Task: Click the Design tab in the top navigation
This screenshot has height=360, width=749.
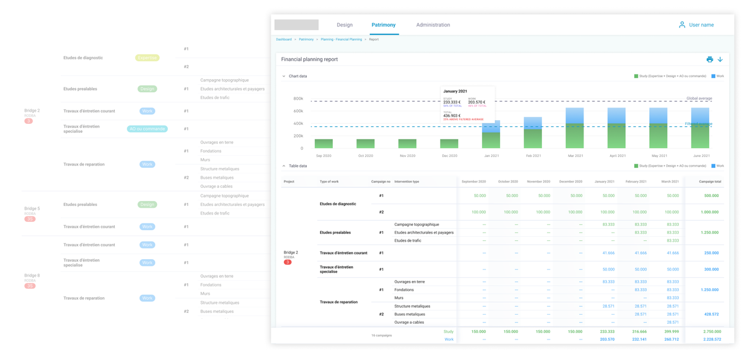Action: tap(344, 25)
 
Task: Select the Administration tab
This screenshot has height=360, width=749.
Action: tap(432, 25)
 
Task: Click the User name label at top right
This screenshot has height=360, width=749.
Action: tap(701, 25)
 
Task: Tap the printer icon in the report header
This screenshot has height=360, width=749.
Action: tap(709, 59)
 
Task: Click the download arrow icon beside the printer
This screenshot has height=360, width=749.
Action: tap(720, 59)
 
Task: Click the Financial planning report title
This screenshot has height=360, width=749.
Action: tap(309, 59)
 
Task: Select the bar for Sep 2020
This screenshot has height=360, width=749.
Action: tap(323, 144)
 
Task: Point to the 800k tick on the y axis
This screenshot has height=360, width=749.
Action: tap(298, 98)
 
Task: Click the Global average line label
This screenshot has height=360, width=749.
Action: tap(699, 98)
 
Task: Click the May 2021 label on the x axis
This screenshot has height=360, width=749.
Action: tap(658, 156)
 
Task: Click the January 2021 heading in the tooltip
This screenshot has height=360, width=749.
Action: tap(455, 91)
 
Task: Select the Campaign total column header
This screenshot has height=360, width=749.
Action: tap(710, 181)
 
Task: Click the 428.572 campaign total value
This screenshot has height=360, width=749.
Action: tap(711, 314)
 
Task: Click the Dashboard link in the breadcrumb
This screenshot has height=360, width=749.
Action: tap(284, 39)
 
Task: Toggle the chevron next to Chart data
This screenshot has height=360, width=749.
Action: tap(284, 76)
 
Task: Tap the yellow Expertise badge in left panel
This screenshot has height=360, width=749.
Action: tap(147, 58)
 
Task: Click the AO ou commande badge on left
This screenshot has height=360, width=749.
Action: tap(147, 129)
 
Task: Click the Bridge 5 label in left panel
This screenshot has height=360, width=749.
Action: tap(32, 208)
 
